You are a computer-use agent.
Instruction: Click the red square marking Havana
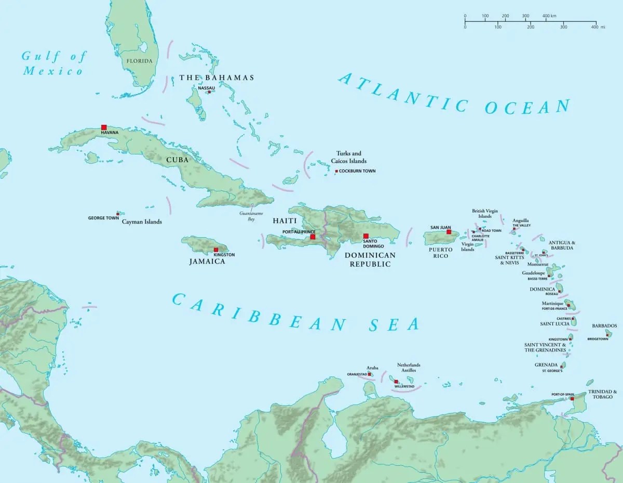coord(104,127)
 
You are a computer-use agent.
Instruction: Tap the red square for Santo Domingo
coord(365,236)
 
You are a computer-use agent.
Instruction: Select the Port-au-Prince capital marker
coord(313,237)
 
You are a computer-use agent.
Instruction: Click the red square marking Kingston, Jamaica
coord(216,250)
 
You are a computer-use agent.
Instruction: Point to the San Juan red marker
coord(449,232)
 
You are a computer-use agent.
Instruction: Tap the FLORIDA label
coord(139,61)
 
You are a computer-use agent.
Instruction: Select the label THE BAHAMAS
coord(216,77)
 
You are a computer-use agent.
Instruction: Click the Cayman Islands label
coord(142,221)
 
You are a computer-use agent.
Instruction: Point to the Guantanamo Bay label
coord(247,216)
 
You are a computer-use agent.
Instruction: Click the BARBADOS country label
coord(604,326)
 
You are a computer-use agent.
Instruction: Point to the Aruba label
coord(373,368)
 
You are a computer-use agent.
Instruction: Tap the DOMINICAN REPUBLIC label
coord(370,259)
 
